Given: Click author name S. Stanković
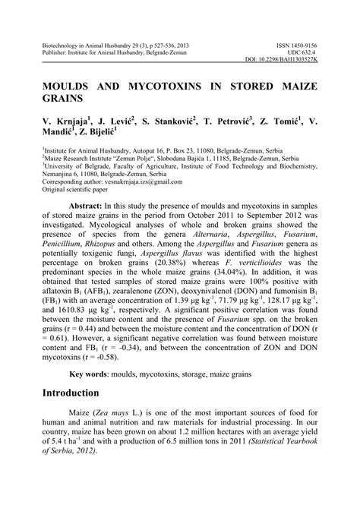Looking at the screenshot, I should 172,121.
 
